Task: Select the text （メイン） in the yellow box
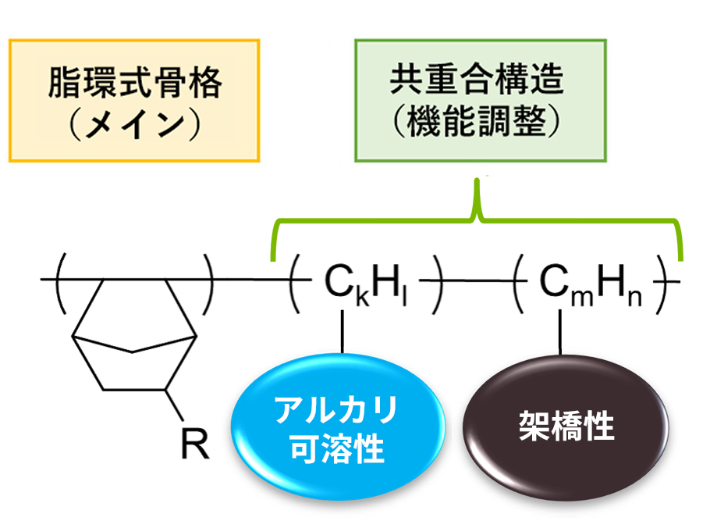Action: (134, 124)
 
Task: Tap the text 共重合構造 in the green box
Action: (477, 81)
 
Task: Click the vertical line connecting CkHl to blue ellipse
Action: (341, 332)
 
